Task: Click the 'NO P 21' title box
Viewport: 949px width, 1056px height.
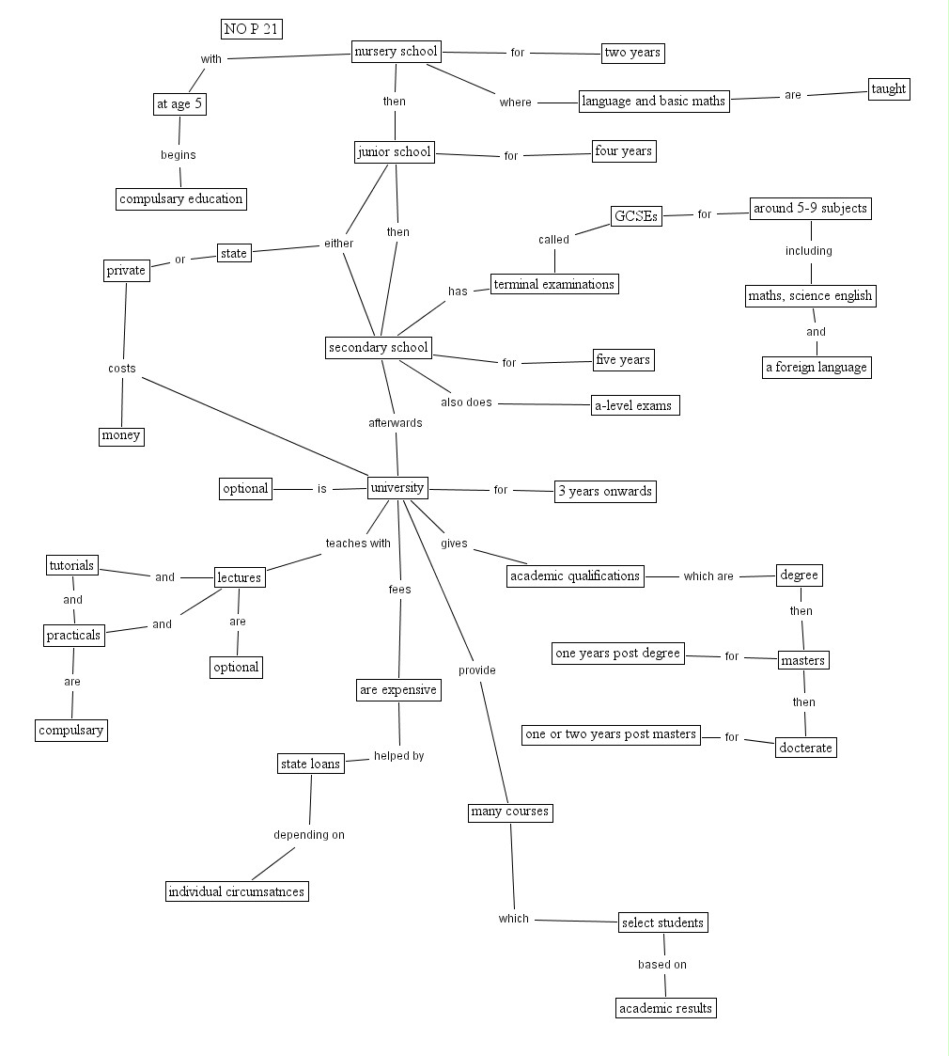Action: (252, 29)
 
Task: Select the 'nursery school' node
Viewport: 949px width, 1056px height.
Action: (396, 52)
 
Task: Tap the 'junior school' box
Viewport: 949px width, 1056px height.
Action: (394, 152)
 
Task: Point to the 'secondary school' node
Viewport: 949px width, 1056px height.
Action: (378, 348)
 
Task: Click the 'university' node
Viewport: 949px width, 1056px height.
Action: (397, 488)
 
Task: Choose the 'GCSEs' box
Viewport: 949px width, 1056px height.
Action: (635, 216)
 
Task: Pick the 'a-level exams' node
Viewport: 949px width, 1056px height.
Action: (634, 405)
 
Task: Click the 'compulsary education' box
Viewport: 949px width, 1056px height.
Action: (181, 198)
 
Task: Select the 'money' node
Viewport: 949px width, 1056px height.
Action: (121, 435)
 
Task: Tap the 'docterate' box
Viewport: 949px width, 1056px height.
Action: (805, 748)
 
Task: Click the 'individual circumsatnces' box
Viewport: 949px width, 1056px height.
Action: (237, 891)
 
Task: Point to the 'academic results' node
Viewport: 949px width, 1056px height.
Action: (666, 1008)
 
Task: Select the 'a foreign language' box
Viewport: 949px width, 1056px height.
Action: (816, 367)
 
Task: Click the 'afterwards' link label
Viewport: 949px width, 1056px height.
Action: (395, 423)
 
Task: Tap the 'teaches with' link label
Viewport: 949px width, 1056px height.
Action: (358, 544)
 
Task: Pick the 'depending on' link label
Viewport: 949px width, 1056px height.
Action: (309, 835)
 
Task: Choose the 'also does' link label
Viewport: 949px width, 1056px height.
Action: (466, 402)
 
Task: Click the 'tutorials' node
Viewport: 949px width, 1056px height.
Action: (71, 565)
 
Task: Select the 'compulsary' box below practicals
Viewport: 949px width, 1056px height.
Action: (71, 730)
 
